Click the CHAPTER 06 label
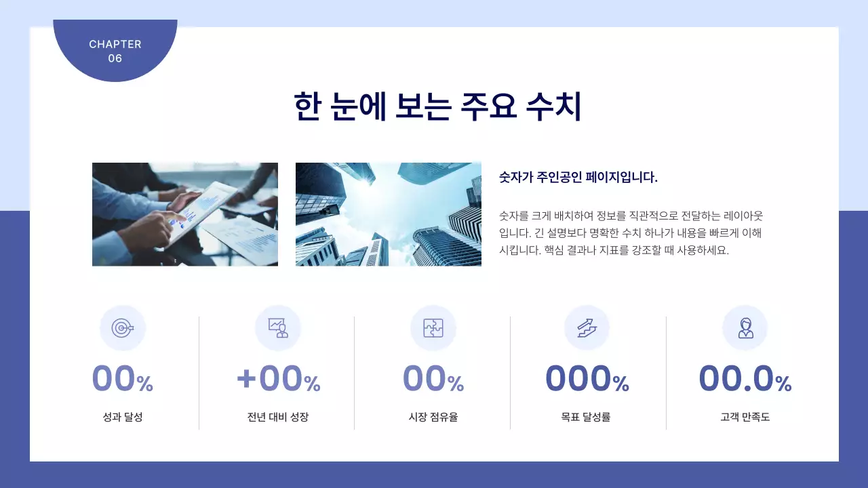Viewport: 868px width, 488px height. (115, 51)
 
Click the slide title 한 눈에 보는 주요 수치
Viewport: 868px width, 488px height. (437, 106)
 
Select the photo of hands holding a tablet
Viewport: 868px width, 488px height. (185, 214)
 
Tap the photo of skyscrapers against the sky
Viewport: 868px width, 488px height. (388, 214)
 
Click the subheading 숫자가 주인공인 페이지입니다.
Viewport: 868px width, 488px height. (578, 178)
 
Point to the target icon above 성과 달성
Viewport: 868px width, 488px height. (123, 328)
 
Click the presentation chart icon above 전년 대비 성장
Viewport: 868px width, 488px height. (278, 328)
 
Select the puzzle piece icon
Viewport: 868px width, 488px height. (433, 328)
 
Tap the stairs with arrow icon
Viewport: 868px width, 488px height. (587, 328)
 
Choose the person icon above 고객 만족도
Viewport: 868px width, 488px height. (745, 328)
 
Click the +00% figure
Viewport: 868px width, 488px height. (278, 378)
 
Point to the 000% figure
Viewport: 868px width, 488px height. (587, 378)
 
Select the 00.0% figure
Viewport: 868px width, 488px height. (745, 378)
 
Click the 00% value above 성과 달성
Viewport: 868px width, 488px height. (123, 378)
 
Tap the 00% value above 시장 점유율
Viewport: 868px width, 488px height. (433, 378)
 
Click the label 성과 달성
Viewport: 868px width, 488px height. (123, 418)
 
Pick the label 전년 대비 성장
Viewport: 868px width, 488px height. (278, 418)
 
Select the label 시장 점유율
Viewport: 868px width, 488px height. (433, 418)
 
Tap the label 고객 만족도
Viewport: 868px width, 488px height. (745, 418)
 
